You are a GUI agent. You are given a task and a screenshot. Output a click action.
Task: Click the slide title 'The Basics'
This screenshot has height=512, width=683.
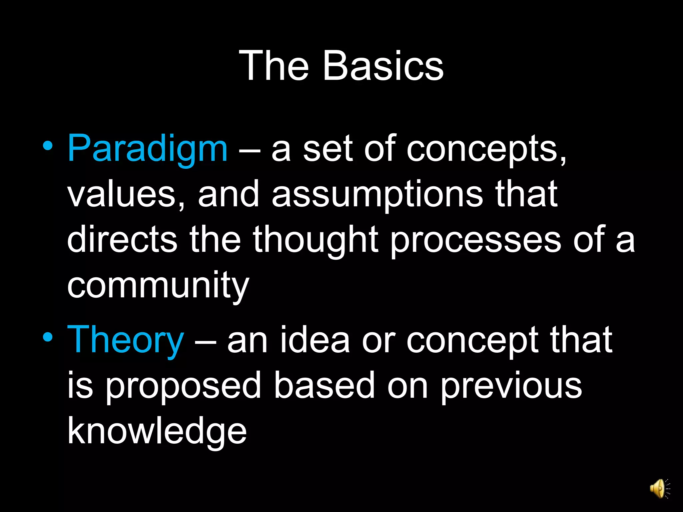[341, 66]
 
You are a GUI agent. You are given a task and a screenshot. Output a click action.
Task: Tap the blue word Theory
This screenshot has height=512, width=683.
[125, 340]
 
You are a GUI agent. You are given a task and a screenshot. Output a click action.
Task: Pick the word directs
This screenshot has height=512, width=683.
[122, 239]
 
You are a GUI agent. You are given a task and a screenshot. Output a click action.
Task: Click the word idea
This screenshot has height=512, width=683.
[315, 340]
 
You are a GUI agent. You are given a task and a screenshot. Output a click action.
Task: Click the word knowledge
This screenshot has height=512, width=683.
[157, 432]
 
